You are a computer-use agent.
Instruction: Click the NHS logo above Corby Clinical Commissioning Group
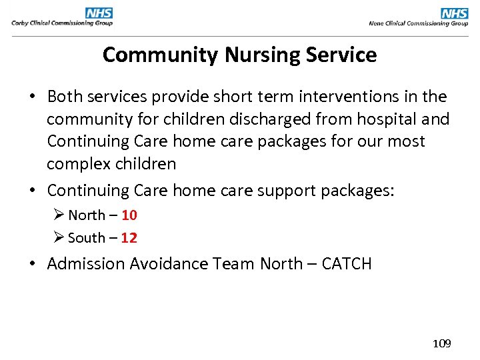click(x=99, y=13)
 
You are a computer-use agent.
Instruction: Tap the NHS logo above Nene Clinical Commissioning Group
click(x=455, y=13)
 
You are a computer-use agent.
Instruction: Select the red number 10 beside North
click(x=129, y=215)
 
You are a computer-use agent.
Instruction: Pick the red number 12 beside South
click(x=129, y=238)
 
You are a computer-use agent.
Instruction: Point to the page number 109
click(x=441, y=343)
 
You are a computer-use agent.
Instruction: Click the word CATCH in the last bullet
click(x=346, y=264)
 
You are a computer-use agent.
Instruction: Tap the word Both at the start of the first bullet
click(x=64, y=97)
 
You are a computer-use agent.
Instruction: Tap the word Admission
click(x=86, y=264)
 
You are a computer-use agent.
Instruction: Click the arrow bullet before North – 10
click(x=58, y=215)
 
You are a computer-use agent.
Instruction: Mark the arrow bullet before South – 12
click(x=58, y=238)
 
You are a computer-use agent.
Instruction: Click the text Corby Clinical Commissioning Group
click(x=61, y=23)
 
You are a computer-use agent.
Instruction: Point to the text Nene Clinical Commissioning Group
click(x=418, y=23)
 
